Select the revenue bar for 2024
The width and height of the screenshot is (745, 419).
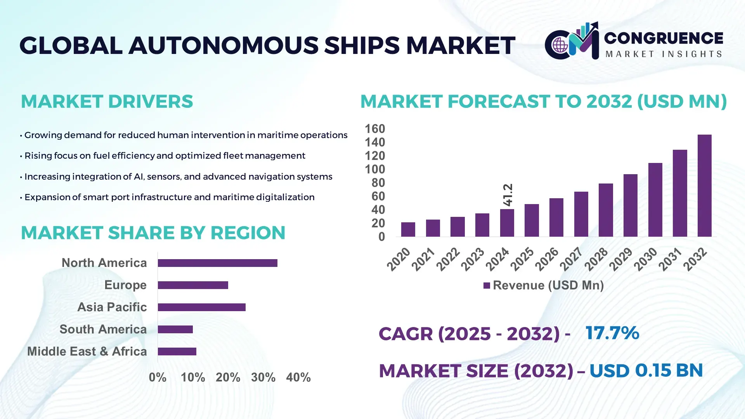coord(507,223)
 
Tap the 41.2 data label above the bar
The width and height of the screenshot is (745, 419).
coord(508,195)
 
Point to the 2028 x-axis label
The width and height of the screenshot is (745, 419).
coord(596,259)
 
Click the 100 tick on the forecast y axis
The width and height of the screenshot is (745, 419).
coord(374,169)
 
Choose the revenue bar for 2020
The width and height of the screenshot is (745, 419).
coord(408,229)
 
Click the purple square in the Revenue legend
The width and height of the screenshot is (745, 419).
coord(487,286)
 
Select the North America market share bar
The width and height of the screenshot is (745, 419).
coord(217,263)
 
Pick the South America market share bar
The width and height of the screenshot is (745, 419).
coord(175,329)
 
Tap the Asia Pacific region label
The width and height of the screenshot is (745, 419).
coord(112,307)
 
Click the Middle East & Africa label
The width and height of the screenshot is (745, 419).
coord(87,351)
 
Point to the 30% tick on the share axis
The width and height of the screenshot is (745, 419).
coord(263,377)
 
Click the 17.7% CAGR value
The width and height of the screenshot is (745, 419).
coord(612,333)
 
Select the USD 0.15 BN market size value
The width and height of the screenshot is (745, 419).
coord(646,371)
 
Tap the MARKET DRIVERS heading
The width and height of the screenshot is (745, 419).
coord(107,102)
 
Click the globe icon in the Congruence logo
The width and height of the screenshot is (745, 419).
coord(560,45)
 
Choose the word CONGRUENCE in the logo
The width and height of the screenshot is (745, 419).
coord(663,38)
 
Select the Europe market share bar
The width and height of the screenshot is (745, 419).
coord(193,285)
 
